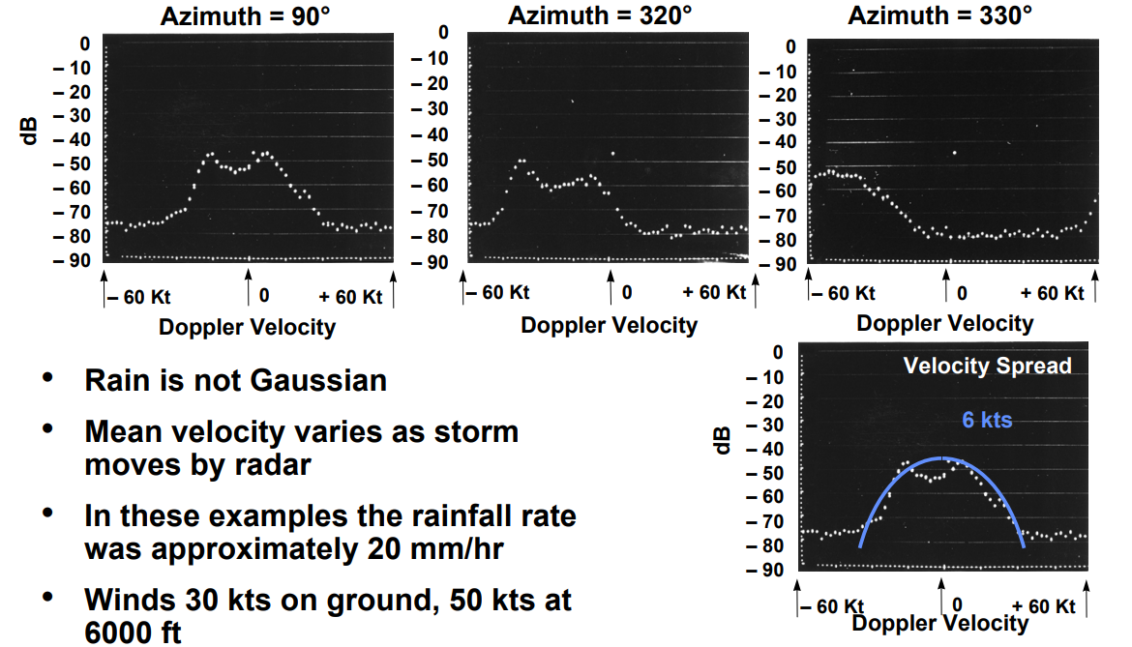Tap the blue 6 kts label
987,420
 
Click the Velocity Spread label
987,366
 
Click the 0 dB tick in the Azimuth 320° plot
444,32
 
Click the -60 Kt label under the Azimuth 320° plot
498,292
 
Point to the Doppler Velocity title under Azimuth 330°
944,323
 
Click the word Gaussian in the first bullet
318,380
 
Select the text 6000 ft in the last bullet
133,632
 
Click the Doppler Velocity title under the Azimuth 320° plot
609,325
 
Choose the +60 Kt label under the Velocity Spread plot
1044,606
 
